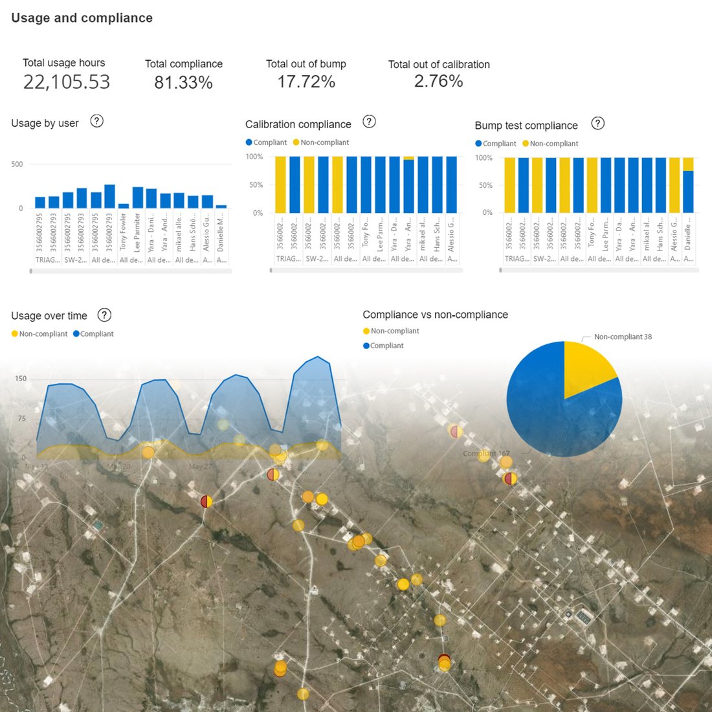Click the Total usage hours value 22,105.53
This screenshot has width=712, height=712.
(x=67, y=82)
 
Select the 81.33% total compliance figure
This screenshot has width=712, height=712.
(x=183, y=83)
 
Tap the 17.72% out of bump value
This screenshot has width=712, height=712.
(x=306, y=82)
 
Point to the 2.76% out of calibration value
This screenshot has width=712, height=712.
(x=438, y=82)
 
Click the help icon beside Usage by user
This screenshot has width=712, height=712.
(x=96, y=121)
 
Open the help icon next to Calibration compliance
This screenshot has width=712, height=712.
(x=369, y=122)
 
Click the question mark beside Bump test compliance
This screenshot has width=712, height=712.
(x=598, y=123)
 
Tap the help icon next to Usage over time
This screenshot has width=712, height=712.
(x=104, y=315)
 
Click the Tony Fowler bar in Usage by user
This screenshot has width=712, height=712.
(x=124, y=206)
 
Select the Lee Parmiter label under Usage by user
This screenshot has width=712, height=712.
(x=137, y=233)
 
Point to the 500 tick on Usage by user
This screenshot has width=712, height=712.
(x=17, y=164)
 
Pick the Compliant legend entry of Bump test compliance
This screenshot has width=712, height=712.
(x=496, y=144)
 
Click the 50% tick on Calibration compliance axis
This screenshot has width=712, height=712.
(x=256, y=185)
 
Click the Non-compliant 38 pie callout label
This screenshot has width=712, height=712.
(x=623, y=337)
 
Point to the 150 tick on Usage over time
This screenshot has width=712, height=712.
(x=21, y=379)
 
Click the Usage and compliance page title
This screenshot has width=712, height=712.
(x=82, y=18)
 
